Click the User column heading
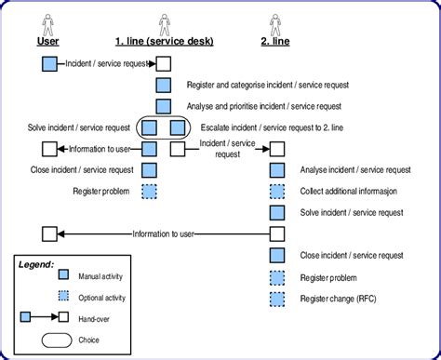[49, 41]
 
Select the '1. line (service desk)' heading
[164, 41]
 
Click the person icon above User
[49, 20]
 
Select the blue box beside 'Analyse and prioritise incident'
[164, 106]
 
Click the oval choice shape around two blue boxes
[163, 127]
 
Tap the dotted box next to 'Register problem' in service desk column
[150, 192]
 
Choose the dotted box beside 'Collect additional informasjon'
[276, 192]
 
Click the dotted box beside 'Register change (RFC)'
[276, 299]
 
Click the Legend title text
[36, 264]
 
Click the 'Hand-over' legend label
[96, 318]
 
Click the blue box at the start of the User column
[50, 63]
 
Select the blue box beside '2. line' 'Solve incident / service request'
[276, 213]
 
